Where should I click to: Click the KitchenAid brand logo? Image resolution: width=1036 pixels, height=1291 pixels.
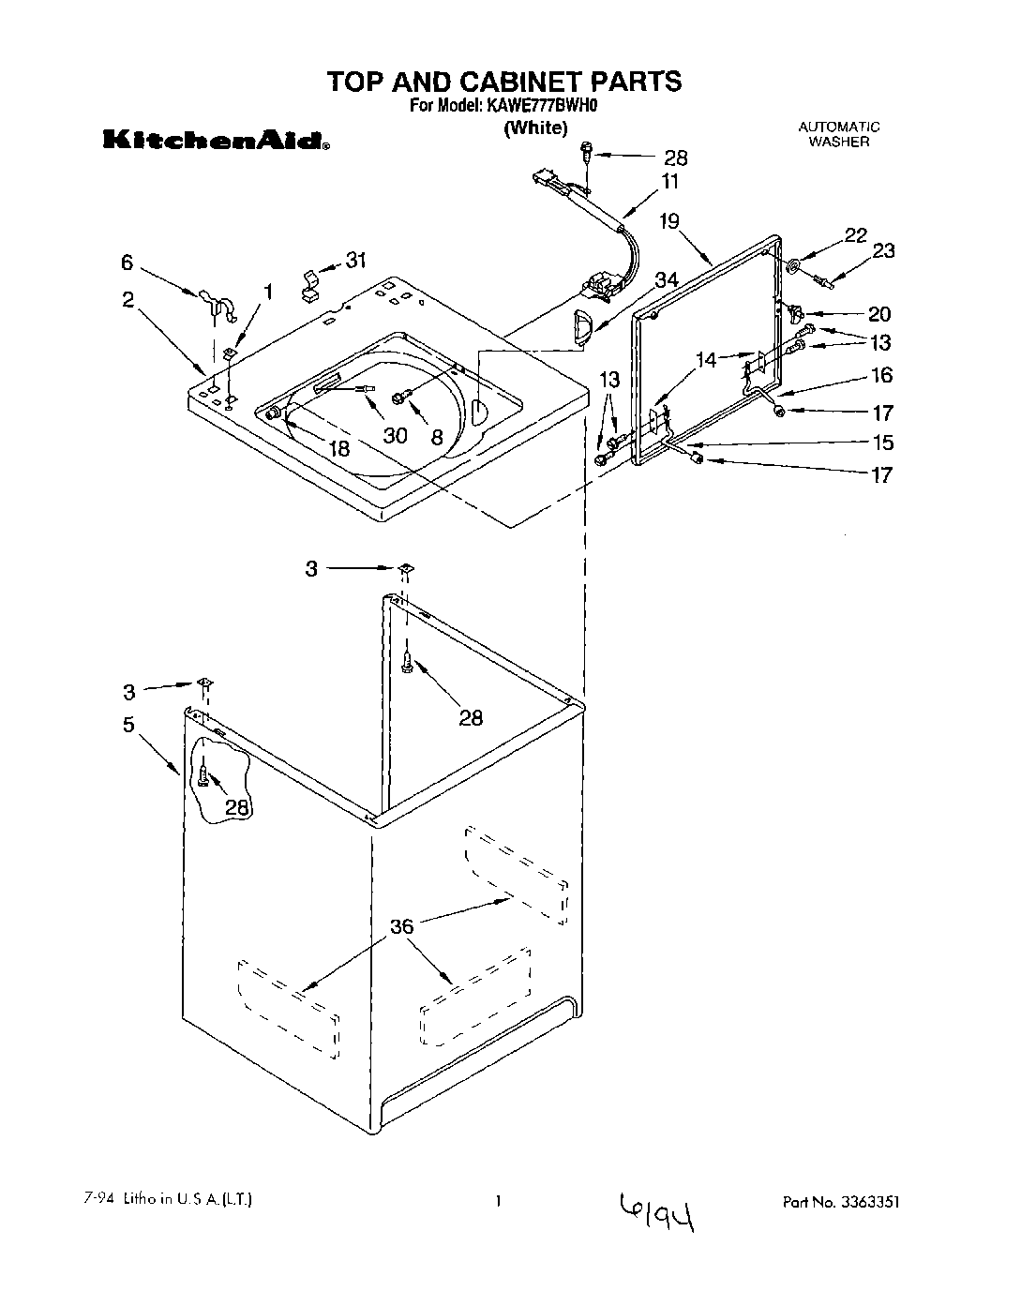215,142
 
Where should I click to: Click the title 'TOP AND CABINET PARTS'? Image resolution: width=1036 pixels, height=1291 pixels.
504,82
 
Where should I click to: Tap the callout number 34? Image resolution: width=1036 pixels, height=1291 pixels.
666,279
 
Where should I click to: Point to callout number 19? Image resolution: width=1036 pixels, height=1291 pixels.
668,222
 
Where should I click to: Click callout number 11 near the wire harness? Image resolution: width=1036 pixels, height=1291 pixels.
669,181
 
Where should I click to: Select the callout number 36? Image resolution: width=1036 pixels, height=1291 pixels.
401,927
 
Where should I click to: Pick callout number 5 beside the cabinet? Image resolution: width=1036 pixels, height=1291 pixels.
128,724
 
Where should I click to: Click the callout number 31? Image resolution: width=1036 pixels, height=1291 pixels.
356,262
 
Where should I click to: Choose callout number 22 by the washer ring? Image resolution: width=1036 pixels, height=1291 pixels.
855,236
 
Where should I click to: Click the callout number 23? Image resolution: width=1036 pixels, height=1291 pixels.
883,250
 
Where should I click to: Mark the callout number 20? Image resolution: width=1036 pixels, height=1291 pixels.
878,314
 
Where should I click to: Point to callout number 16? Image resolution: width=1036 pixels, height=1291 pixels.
881,375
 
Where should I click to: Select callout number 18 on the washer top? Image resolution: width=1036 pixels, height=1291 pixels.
338,449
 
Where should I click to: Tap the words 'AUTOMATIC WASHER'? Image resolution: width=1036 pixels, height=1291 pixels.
839,134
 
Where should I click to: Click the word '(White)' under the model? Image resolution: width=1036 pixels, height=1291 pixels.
535,128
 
